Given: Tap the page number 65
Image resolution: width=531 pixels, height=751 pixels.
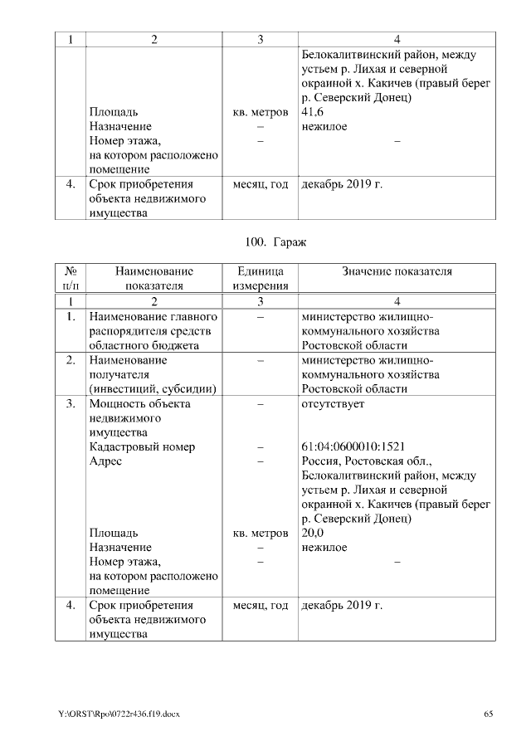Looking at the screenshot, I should (x=489, y=714).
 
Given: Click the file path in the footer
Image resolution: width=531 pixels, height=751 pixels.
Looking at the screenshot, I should (x=119, y=714).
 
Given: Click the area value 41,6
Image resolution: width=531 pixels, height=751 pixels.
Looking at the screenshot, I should (x=313, y=112).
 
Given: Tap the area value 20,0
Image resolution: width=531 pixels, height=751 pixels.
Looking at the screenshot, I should (x=313, y=533).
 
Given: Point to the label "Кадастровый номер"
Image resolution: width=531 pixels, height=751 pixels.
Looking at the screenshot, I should (x=142, y=446).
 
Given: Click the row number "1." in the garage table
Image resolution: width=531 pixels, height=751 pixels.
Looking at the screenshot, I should (x=71, y=317).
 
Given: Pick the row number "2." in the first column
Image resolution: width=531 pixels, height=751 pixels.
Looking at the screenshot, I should (x=71, y=360).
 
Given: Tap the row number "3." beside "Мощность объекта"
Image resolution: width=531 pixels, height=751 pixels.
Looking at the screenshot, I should (x=71, y=403).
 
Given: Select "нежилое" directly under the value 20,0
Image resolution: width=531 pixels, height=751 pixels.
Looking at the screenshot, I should (x=324, y=548).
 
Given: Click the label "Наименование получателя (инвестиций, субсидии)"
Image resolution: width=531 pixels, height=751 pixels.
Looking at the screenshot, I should (x=153, y=374).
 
